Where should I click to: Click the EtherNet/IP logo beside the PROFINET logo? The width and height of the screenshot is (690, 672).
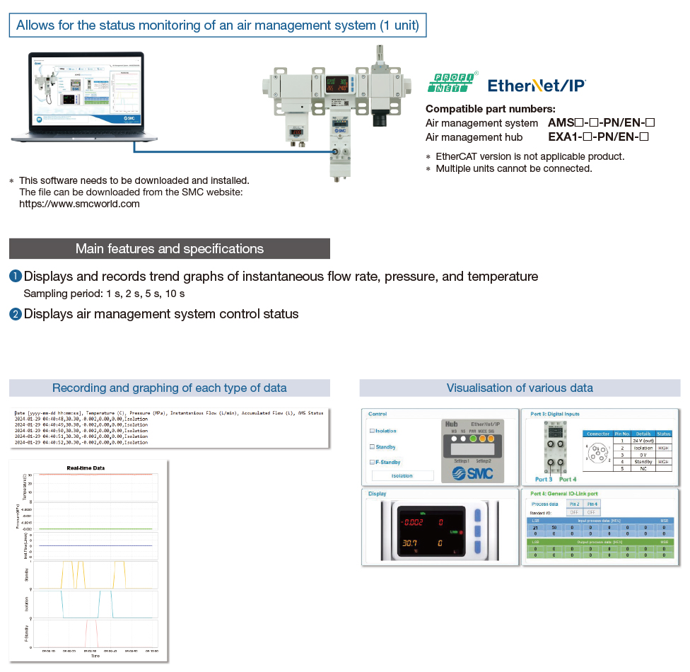coord(536,86)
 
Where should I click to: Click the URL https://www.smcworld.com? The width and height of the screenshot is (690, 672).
coord(79,204)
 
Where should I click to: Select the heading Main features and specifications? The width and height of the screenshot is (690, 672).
coord(169,249)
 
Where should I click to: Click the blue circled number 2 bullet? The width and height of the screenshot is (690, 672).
coord(16,314)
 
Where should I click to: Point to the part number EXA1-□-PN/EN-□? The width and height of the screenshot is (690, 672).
coord(598,137)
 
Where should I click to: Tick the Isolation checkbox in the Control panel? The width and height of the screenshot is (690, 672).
coord(373,431)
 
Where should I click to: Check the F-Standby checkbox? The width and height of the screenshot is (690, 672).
coord(373,463)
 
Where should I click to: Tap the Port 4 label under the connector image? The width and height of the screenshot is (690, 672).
coord(568,480)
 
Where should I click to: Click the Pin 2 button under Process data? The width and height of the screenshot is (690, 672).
coord(575,503)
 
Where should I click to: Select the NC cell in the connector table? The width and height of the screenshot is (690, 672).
coord(642,468)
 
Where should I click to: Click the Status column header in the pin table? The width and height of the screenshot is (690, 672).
coord(663,434)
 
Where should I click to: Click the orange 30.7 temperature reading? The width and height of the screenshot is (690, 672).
coord(409,544)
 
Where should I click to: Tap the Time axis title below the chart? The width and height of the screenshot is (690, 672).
coord(95,656)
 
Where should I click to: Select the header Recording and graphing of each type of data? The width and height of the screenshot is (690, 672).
coord(170,388)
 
